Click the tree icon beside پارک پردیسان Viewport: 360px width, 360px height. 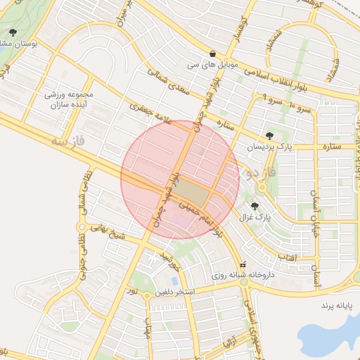point(269,135)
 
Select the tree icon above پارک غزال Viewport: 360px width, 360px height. point(254,207)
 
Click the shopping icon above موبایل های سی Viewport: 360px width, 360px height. point(212,53)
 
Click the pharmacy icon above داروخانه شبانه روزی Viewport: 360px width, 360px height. point(243,265)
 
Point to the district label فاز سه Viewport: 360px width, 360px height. point(68,141)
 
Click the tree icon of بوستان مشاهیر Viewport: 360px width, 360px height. point(13,32)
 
